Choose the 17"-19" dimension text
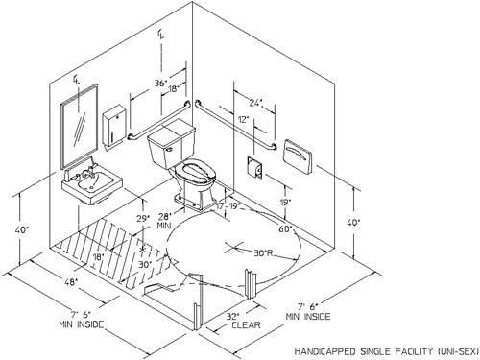pos(231,204)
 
